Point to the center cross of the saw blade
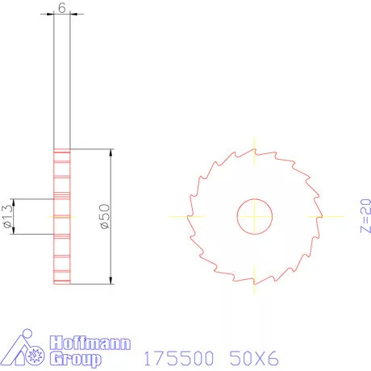coord(254,216)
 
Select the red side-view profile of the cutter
coord(62,216)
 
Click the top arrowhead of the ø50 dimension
coord(109,153)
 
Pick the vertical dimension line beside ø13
coord(17,216)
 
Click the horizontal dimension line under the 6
coord(62,15)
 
